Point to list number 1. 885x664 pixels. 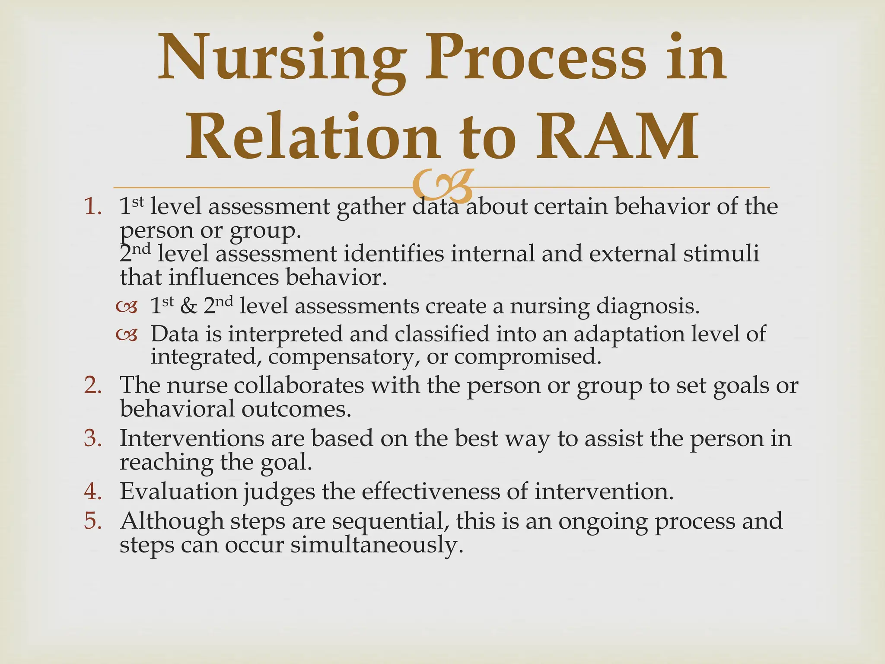[x=92, y=207]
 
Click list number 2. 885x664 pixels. [x=92, y=386]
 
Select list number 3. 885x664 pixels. [x=92, y=439]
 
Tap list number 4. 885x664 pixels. [x=92, y=492]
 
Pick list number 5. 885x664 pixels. [x=92, y=521]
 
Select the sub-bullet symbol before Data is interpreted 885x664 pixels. [x=127, y=335]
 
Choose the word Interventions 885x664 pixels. [x=192, y=438]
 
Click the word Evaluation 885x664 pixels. [x=178, y=492]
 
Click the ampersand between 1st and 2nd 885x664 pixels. [x=188, y=307]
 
